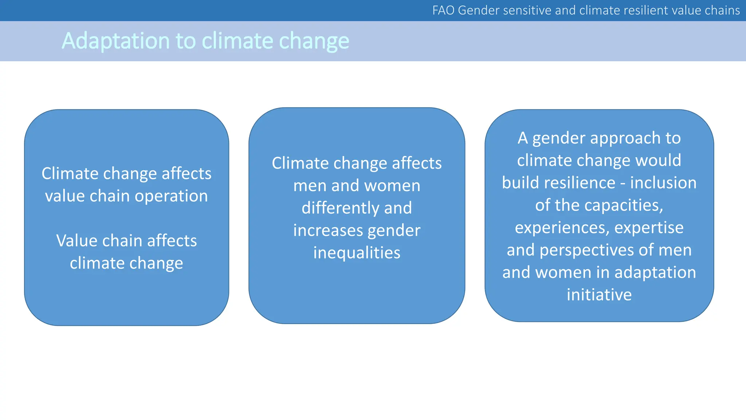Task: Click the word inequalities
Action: [x=357, y=253]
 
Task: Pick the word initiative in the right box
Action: [x=599, y=295]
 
